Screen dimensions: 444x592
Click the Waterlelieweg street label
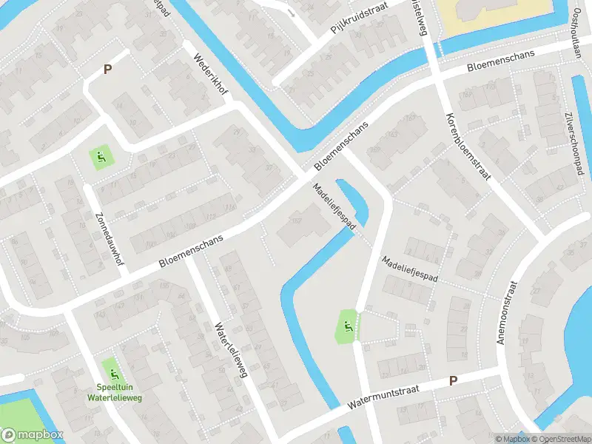click(230, 350)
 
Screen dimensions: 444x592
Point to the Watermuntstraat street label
click(381, 397)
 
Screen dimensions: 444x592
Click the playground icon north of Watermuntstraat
click(346, 326)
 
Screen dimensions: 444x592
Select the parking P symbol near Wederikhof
click(107, 70)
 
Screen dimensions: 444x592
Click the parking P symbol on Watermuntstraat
click(454, 380)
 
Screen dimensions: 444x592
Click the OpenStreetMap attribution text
click(559, 439)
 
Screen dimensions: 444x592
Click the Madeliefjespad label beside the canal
click(335, 206)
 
